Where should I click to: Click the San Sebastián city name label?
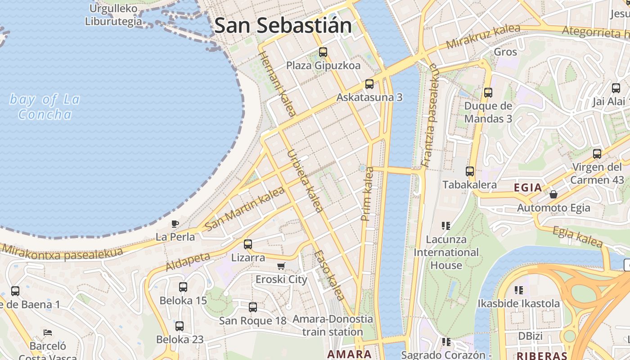[283, 25]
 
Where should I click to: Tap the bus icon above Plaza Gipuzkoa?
[323, 52]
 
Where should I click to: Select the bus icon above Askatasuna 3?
[369, 84]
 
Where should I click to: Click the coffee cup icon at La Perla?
[175, 224]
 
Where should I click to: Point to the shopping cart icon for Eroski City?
[281, 266]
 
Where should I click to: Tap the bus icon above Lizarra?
[248, 244]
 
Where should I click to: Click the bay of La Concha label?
[45, 107]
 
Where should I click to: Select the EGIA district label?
[528, 188]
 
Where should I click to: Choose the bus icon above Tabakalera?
[470, 171]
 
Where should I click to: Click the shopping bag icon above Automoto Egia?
[553, 194]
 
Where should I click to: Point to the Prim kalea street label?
[368, 194]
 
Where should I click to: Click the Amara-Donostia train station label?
[333, 325]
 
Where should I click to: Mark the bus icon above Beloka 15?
[183, 287]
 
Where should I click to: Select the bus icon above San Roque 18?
[253, 307]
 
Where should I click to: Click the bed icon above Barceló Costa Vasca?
[48, 333]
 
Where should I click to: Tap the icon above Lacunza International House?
[446, 225]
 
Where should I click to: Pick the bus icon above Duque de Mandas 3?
[488, 93]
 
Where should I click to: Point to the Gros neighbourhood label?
[505, 52]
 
